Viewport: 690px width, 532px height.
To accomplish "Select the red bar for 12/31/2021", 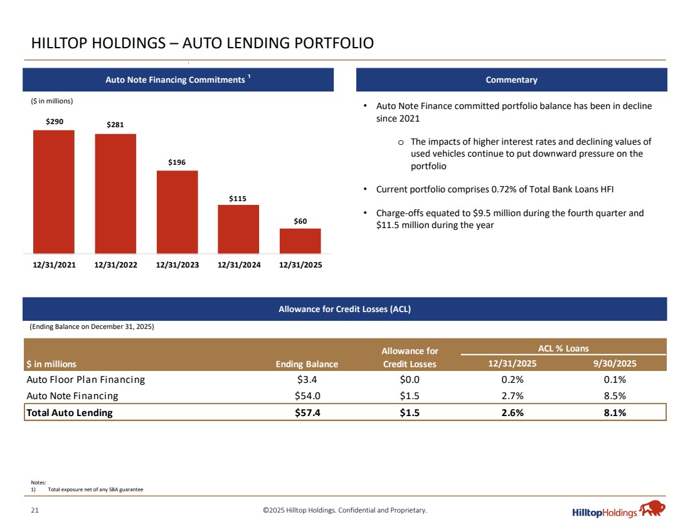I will point(54,191).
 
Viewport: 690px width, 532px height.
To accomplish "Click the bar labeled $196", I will point(177,212).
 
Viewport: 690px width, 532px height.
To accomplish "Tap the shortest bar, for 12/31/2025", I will point(300,241).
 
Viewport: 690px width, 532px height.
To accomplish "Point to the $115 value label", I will point(238,199).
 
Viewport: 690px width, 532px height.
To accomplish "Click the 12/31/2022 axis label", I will point(115,265).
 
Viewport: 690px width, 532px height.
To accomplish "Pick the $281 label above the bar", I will point(115,125).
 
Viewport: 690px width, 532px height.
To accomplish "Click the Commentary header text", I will point(511,80).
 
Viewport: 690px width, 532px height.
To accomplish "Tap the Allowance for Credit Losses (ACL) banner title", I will point(344,309).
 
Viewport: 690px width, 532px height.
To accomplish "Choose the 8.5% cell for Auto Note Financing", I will point(614,396).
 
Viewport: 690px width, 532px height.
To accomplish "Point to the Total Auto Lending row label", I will point(70,412).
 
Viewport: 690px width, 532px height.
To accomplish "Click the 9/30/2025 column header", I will point(614,363).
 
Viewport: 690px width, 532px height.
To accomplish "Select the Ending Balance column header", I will point(307,364).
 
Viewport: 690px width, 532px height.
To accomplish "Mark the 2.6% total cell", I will point(513,412).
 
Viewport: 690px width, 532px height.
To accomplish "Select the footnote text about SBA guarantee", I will point(95,489).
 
